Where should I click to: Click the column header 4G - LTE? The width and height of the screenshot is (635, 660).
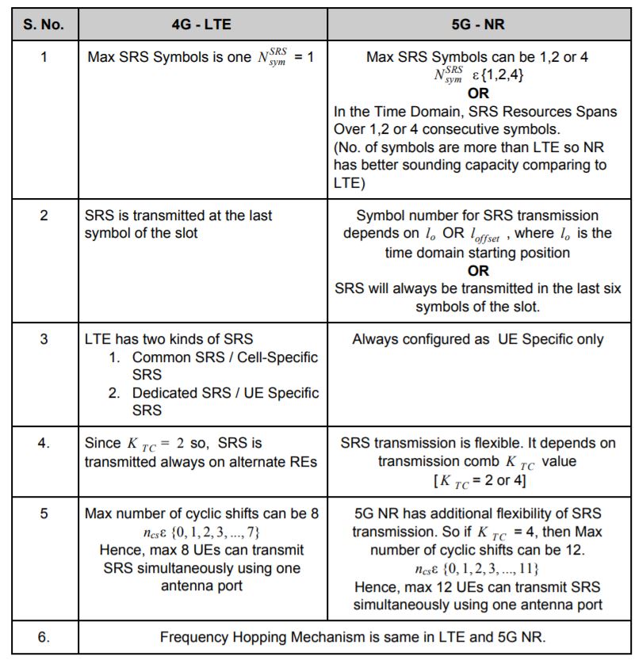(x=201, y=25)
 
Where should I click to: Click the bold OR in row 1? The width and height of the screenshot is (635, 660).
(x=478, y=93)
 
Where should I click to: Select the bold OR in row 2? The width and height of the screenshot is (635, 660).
(x=478, y=271)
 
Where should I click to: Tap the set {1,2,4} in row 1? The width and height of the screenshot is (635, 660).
(x=496, y=76)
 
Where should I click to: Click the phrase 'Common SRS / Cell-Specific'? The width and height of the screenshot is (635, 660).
(x=224, y=357)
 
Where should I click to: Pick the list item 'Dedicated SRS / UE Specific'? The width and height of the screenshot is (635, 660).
(x=225, y=393)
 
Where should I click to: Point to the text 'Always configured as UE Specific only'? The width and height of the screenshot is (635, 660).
(x=478, y=339)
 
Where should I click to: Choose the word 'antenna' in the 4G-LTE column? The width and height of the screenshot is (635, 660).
(x=201, y=586)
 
